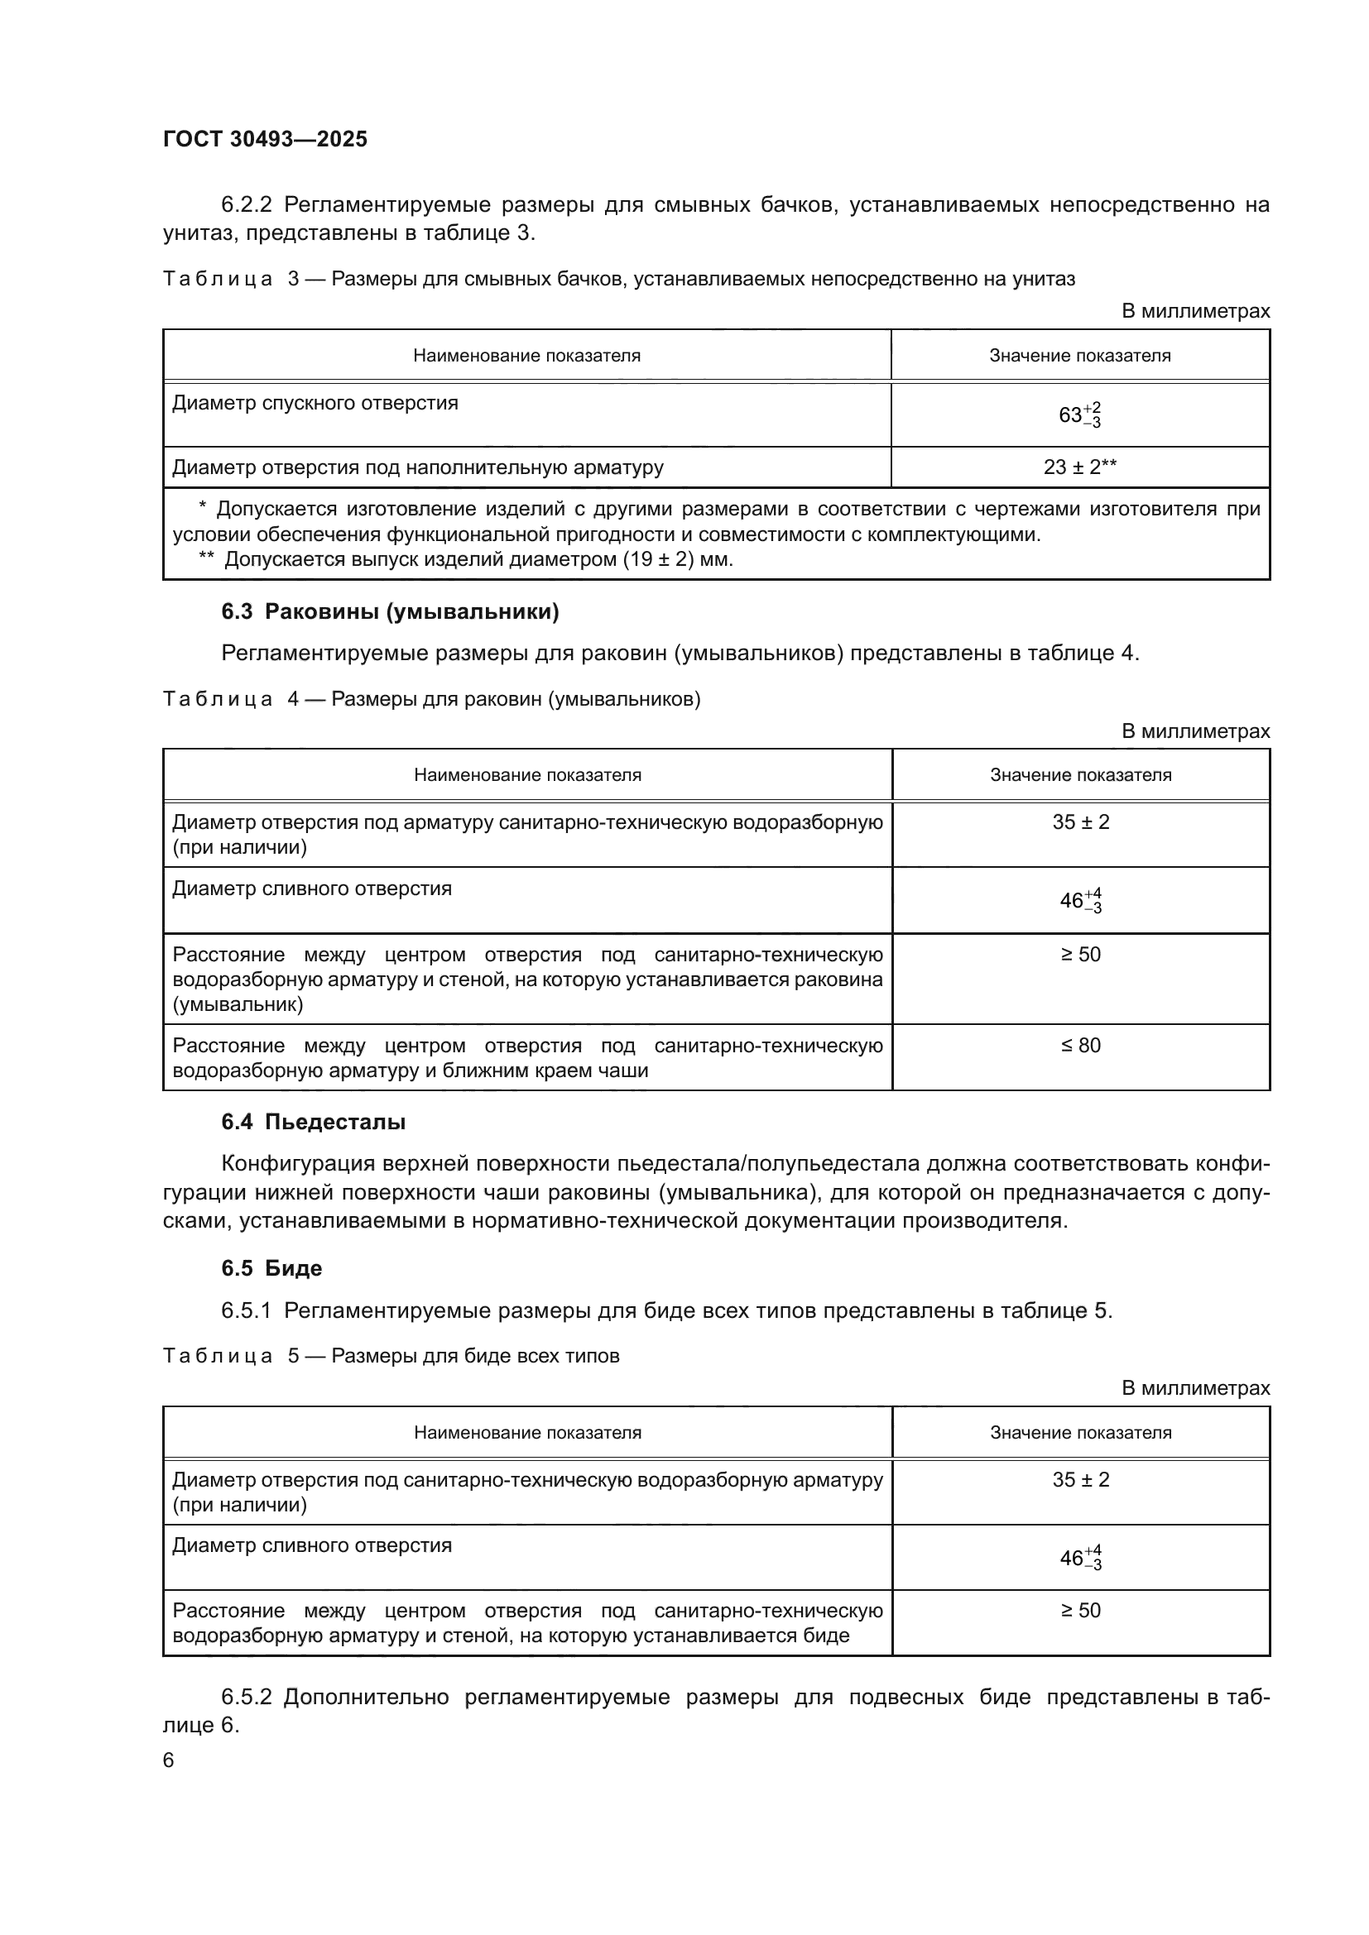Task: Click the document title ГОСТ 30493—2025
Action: click(265, 139)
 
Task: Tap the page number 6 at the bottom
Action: click(169, 1760)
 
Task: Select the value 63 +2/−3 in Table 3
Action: click(1079, 415)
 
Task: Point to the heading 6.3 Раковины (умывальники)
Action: click(390, 612)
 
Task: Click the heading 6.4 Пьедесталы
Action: click(313, 1122)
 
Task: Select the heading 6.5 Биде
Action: click(271, 1268)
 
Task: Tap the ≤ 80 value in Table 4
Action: click(1080, 1046)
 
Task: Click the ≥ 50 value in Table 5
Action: click(1080, 1611)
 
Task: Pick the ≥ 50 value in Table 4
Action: click(1080, 955)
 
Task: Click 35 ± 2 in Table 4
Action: click(1080, 822)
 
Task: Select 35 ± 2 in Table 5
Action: click(1080, 1480)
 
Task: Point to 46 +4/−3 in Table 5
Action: click(1080, 1559)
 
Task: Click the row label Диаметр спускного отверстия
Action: click(315, 404)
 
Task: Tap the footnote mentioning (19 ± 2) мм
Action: click(465, 559)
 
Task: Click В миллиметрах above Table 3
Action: click(1194, 312)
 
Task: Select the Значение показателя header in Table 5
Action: click(1080, 1433)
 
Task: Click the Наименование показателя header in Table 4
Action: click(527, 775)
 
